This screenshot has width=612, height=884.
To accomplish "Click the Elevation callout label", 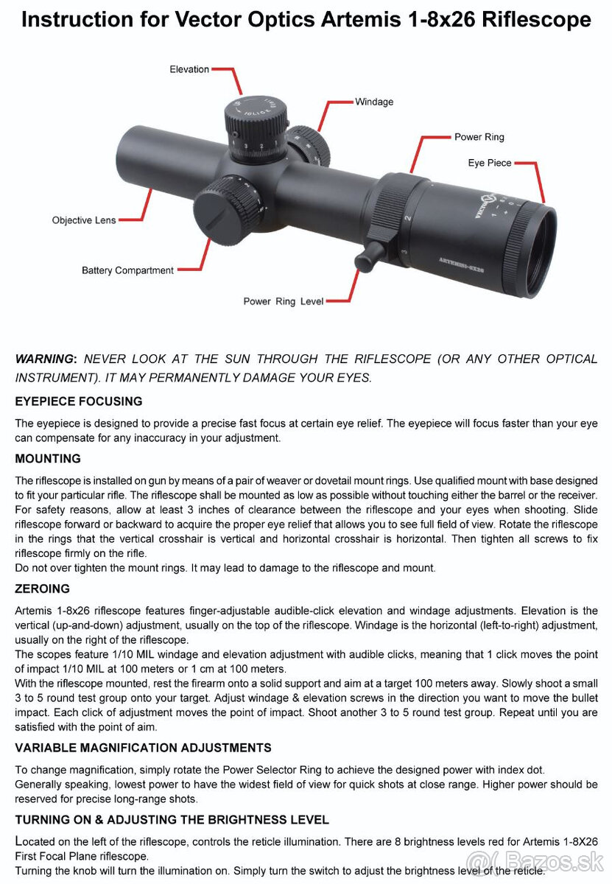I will [189, 69].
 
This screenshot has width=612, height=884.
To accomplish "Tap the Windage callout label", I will [374, 102].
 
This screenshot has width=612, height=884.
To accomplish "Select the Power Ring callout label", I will [479, 137].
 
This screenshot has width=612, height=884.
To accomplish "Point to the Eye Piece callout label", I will [490, 163].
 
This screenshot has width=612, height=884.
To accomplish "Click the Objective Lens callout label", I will [84, 220].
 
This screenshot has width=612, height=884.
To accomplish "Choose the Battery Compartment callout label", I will [127, 270].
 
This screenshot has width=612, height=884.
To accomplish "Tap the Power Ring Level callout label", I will [284, 301].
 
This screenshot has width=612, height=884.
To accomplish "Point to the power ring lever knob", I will [367, 257].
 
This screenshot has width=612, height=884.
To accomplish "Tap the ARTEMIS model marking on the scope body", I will [461, 263].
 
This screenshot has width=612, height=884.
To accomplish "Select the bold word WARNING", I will [44, 359].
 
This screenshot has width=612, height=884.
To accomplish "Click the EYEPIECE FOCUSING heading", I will [79, 401].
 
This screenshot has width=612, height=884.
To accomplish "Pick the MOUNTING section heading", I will [48, 459].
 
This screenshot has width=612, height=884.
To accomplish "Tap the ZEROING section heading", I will [43, 589].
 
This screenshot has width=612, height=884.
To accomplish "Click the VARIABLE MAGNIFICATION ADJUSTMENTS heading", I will [143, 748].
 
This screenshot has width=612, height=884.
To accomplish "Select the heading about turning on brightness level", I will [172, 819].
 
